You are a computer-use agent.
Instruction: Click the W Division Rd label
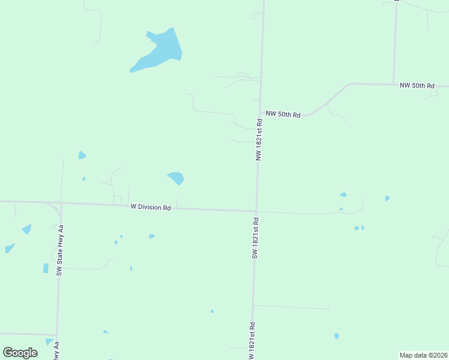point(151,208)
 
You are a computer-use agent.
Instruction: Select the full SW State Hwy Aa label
point(60,250)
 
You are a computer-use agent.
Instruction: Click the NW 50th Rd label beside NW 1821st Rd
point(283,113)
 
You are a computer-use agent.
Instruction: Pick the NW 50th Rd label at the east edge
point(417,86)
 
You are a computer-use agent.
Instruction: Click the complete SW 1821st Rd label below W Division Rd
point(255,238)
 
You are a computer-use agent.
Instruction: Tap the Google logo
point(20,353)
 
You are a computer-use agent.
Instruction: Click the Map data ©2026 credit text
point(423,355)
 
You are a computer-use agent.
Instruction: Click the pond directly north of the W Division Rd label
point(176,178)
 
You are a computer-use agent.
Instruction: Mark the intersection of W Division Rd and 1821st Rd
point(257,211)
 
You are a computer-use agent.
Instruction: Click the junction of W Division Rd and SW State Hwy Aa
point(61,205)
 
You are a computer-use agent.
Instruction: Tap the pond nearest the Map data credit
point(337,336)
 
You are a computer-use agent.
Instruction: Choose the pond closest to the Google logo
point(49,342)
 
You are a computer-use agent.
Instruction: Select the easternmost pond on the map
point(387,198)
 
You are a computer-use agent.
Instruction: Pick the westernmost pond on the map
point(9,248)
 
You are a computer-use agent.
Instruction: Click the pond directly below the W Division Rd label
point(151,236)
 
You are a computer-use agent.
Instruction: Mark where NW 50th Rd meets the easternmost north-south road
point(394,84)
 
